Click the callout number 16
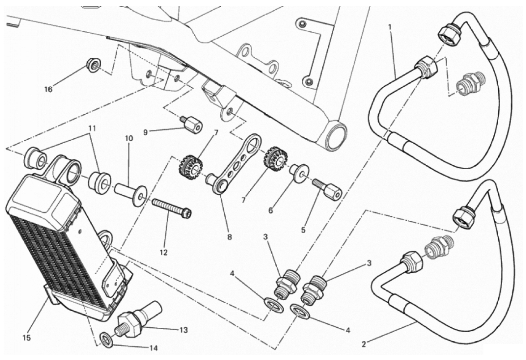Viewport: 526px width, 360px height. click(49, 89)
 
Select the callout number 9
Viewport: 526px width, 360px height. click(145, 132)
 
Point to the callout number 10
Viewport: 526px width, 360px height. click(129, 138)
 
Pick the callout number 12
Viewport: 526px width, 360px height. click(163, 252)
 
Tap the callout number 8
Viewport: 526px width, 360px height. click(230, 237)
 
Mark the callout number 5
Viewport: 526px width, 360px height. click(303, 231)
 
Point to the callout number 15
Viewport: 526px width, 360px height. click(26, 338)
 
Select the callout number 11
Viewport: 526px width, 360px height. click(92, 128)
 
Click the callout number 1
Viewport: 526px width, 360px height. click(390, 27)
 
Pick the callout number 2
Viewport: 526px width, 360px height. click(363, 343)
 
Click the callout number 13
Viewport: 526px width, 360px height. click(184, 330)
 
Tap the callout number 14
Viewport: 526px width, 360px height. click(153, 348)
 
